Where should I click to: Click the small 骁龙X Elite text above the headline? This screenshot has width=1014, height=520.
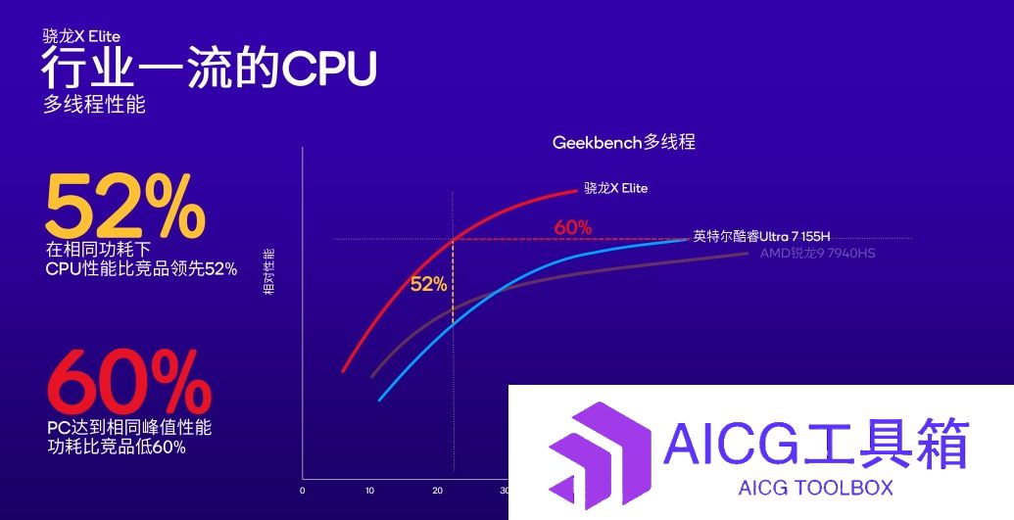(x=81, y=35)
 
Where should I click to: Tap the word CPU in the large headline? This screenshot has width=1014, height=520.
(x=328, y=68)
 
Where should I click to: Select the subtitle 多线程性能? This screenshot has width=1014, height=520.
(x=94, y=104)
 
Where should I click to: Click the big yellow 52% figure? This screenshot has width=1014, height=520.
(x=125, y=207)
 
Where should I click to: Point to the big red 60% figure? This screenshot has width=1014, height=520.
(x=129, y=382)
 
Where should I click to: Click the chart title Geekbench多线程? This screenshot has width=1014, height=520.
(x=623, y=142)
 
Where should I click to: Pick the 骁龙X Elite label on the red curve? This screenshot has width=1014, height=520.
(x=615, y=188)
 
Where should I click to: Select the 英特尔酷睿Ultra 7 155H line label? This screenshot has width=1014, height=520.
(x=761, y=237)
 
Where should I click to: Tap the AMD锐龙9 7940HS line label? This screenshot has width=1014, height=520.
(x=817, y=253)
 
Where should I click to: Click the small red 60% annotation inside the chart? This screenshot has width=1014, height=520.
(x=573, y=227)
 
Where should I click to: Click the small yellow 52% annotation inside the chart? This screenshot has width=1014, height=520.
(x=429, y=284)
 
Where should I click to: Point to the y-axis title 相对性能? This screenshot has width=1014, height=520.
(x=269, y=271)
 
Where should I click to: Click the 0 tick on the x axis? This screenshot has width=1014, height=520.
(x=302, y=491)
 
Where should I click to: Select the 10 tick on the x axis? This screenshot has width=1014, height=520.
(x=370, y=491)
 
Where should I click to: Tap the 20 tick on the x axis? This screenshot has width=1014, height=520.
(x=438, y=491)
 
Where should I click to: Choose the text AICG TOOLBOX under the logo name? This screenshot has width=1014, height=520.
(x=815, y=487)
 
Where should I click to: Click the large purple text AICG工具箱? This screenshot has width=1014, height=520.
(x=816, y=444)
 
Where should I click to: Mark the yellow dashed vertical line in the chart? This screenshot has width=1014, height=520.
(x=453, y=282)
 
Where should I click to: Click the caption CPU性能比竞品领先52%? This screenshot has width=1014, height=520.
(x=142, y=269)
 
